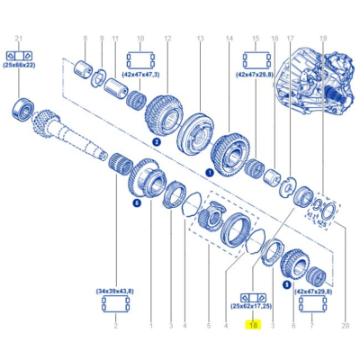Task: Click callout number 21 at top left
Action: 19,37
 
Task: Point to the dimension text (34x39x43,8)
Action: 114,291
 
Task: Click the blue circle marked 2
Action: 157,141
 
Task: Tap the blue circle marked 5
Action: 286,284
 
